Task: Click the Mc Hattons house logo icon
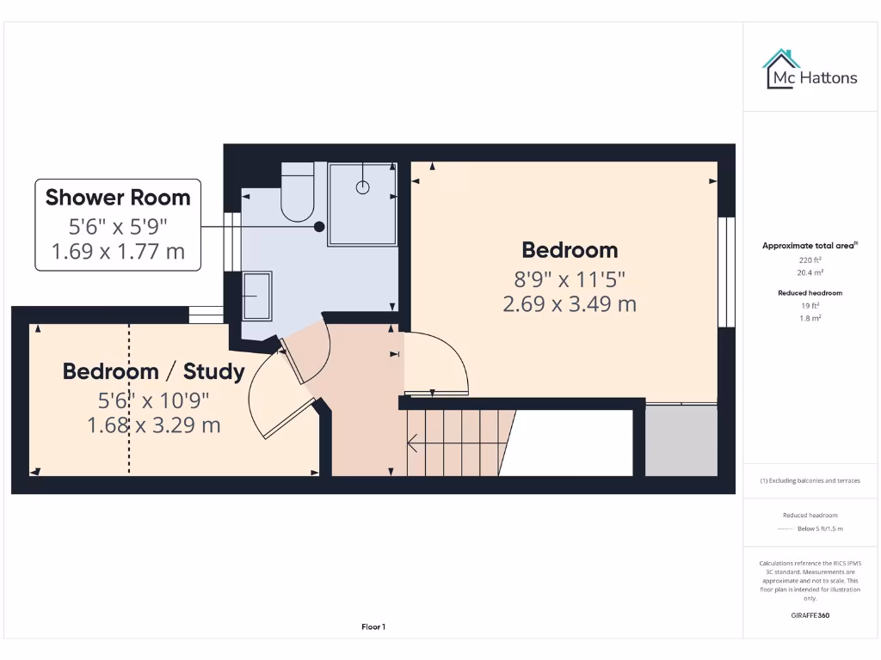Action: [x=781, y=70]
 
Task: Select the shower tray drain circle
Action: [x=363, y=183]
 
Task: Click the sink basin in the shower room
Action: [x=257, y=296]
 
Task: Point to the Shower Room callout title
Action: [x=118, y=198]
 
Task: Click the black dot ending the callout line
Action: [x=319, y=227]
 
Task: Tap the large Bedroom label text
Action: [x=570, y=250]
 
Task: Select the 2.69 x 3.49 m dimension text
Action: [x=570, y=303]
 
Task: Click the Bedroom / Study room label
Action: [x=154, y=371]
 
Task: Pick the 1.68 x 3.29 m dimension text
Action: [x=154, y=425]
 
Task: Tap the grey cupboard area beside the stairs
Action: [x=681, y=440]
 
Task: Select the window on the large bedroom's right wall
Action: [x=727, y=272]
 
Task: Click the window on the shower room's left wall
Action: [x=230, y=254]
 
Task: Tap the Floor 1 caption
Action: [x=373, y=627]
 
